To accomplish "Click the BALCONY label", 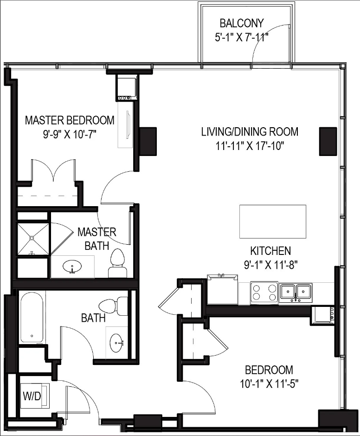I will [241, 23].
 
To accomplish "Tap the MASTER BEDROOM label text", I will [69, 120].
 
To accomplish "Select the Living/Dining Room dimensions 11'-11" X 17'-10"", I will [250, 145].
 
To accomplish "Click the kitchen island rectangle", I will [272, 221].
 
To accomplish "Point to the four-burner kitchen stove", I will [264, 293].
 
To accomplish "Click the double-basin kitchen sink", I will [296, 293].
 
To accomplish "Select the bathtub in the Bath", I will [32, 318].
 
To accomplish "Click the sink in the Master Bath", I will [72, 267].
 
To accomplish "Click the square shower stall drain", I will [32, 238].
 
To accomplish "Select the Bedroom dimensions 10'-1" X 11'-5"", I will [269, 384].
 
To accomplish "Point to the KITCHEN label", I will [270, 251].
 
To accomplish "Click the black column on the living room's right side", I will [328, 141].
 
